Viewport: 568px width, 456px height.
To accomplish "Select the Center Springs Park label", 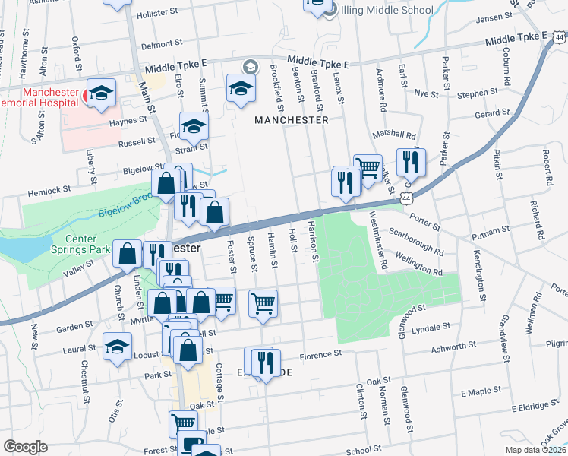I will (77, 246).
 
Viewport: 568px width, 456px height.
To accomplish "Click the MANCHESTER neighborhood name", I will (292, 120).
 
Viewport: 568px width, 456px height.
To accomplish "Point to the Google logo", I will (25, 447).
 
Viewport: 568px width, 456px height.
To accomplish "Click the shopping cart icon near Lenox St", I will (368, 168).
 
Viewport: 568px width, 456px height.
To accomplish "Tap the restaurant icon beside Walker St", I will (411, 160).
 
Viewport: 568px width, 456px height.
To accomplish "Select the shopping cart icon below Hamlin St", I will (263, 302).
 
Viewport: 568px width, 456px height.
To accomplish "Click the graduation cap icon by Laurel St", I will (116, 347).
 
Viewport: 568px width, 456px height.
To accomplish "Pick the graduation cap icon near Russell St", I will (194, 125).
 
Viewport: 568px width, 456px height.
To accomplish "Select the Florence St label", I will (316, 355).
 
